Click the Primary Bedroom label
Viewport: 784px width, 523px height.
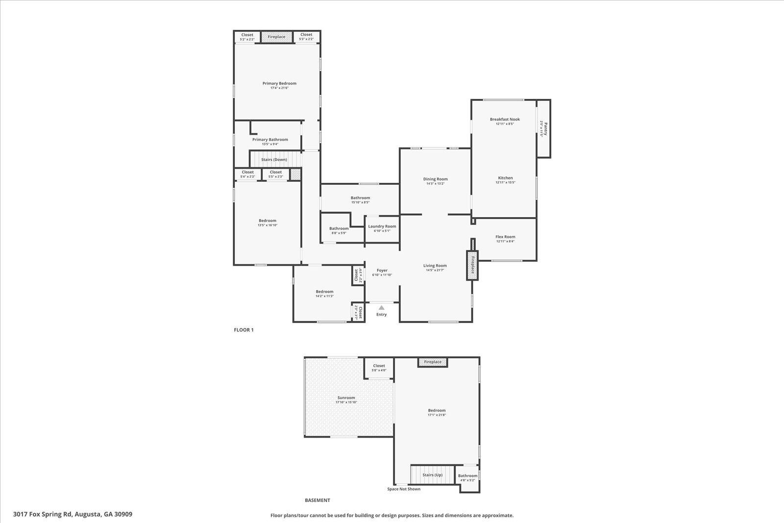pyautogui.click(x=279, y=83)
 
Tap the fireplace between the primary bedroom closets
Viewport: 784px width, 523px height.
pyautogui.click(x=276, y=37)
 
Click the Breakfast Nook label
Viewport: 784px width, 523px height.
pyautogui.click(x=505, y=119)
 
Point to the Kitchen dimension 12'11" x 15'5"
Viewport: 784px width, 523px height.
pyautogui.click(x=505, y=182)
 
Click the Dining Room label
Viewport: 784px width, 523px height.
pyautogui.click(x=435, y=179)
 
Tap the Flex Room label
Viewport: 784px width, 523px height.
pyautogui.click(x=505, y=237)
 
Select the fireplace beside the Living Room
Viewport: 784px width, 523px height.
pyautogui.click(x=472, y=265)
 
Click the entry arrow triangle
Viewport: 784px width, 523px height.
pyautogui.click(x=381, y=307)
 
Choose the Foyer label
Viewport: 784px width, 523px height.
pyautogui.click(x=382, y=270)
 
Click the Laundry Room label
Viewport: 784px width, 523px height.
pyautogui.click(x=382, y=226)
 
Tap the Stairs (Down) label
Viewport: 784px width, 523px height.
pyautogui.click(x=274, y=159)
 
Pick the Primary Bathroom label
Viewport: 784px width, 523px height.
pyautogui.click(x=270, y=140)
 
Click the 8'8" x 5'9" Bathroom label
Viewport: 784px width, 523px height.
pyautogui.click(x=339, y=228)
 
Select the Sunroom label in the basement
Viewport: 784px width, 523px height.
pyautogui.click(x=346, y=398)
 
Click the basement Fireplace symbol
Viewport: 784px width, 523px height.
pyautogui.click(x=433, y=362)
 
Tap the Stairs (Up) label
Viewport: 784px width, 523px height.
pyautogui.click(x=432, y=475)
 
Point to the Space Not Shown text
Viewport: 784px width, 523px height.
pyautogui.click(x=403, y=489)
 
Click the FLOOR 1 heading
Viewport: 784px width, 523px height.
pyautogui.click(x=244, y=330)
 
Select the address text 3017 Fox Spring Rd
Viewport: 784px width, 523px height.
pyautogui.click(x=73, y=514)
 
